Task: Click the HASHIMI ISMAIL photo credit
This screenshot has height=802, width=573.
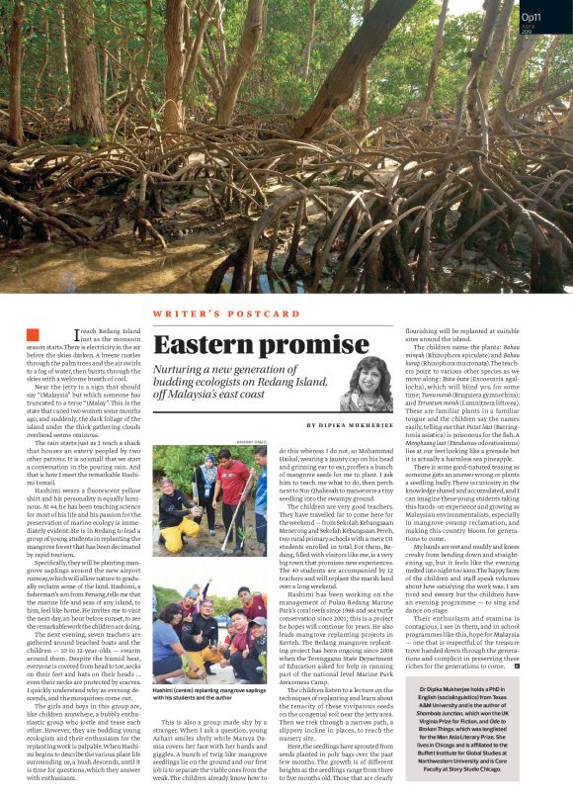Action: tap(252, 440)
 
